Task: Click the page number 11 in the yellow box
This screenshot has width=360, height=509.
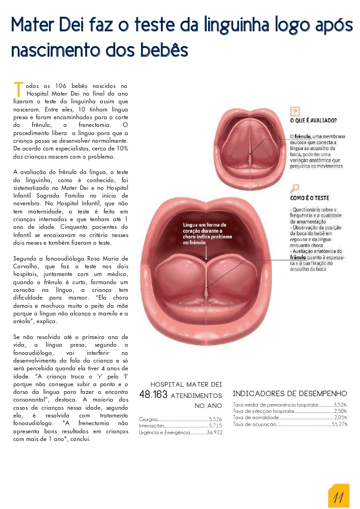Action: [x=338, y=497]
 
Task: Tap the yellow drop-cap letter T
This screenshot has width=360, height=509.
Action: [x=19, y=89]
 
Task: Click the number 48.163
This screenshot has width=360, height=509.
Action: [x=153, y=395]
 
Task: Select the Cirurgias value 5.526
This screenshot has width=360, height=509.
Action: [x=215, y=420]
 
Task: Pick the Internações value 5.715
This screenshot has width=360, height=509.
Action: [x=215, y=426]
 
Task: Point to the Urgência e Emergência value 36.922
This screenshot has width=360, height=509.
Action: [x=214, y=433]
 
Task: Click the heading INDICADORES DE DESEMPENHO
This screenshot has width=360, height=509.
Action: [x=290, y=393]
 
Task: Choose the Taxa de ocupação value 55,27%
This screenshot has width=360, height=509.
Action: [x=340, y=424]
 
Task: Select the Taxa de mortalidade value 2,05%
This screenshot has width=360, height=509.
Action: [x=341, y=417]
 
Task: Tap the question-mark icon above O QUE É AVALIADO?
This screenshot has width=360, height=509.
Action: [x=295, y=111]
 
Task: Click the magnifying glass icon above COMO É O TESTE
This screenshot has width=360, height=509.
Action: [x=295, y=188]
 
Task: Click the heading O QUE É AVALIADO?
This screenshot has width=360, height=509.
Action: [x=313, y=121]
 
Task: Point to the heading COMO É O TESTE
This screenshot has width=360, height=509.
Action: [x=310, y=198]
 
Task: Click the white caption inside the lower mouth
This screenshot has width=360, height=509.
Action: [x=207, y=233]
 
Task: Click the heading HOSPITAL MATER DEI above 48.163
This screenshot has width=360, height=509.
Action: [x=186, y=384]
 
